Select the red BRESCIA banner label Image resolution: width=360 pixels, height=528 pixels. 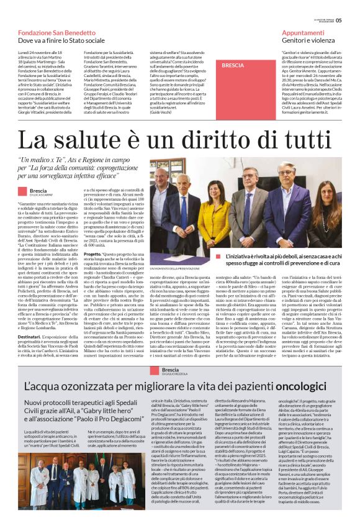233,65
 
